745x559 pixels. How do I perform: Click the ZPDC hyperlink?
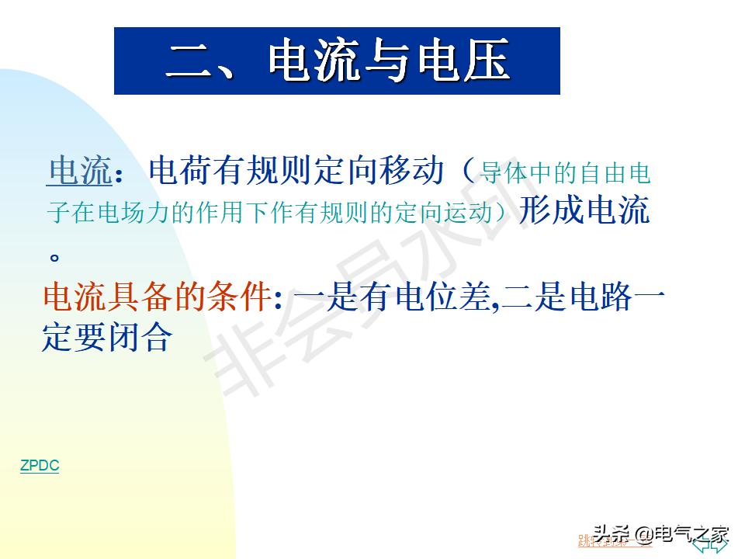tap(40, 466)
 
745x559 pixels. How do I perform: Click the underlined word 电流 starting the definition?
tap(80, 171)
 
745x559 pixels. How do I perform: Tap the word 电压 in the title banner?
tap(464, 61)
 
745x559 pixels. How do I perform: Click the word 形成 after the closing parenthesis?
tap(551, 210)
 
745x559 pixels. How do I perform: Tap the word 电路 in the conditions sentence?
tap(601, 297)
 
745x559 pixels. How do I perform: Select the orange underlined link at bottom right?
tap(613, 540)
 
